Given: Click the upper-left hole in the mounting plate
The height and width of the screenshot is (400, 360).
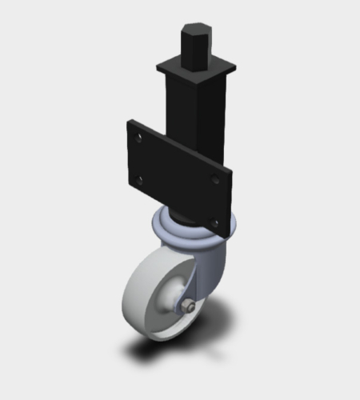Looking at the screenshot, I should click(x=140, y=138).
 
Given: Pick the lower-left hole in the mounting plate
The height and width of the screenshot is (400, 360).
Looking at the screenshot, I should click(x=140, y=180).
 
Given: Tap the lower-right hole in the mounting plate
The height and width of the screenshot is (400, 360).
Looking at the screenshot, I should click(x=214, y=221).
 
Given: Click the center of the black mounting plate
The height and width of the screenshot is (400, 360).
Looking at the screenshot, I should click(x=178, y=178).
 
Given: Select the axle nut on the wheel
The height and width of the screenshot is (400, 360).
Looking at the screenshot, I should click(x=186, y=307).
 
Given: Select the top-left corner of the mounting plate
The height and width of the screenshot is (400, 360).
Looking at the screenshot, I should click(x=128, y=122).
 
